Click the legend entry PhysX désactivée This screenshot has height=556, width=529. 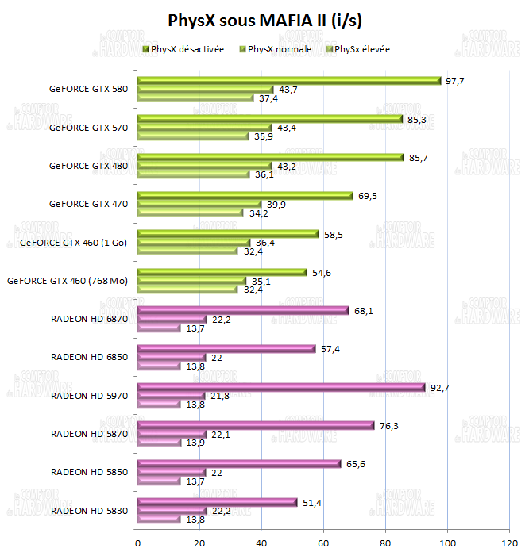coord(187,49)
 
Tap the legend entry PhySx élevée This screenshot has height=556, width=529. coord(362,49)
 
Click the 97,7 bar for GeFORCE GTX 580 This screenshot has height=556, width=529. coord(289,80)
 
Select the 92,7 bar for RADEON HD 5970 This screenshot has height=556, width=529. coord(281,387)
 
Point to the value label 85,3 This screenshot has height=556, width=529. coord(418,119)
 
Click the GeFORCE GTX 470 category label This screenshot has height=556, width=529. coord(88,203)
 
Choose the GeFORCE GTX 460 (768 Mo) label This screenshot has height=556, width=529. coord(68,280)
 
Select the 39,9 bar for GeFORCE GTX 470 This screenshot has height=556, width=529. coord(200,204)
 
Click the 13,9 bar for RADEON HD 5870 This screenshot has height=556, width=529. coord(160,443)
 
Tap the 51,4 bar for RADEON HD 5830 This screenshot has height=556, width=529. coord(218,502)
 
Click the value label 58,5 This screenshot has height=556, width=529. coord(334,234)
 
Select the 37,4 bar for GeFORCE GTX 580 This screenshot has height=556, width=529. coord(196,98)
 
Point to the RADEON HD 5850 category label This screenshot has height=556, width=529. coord(89,472)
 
